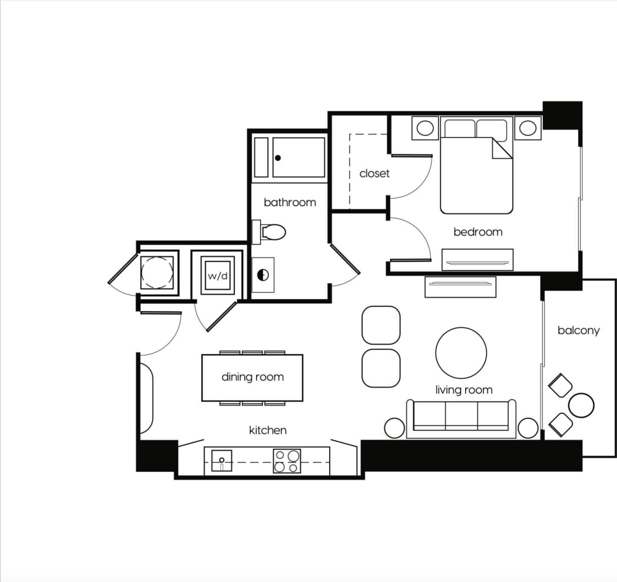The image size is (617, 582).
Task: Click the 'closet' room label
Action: tap(374, 174)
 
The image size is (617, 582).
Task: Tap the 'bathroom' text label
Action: tap(290, 202)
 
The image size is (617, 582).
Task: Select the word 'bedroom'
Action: tap(477, 232)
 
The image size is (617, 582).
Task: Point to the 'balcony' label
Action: tap(578, 330)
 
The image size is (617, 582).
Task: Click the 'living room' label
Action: tap(464, 389)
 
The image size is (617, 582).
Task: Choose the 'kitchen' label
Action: tap(268, 430)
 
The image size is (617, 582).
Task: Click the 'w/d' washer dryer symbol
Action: tap(217, 276)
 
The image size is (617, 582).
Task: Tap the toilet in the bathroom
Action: tap(271, 232)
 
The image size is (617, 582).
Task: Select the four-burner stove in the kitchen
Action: tap(287, 461)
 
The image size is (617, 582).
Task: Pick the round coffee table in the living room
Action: tap(461, 353)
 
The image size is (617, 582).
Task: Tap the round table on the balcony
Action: tap(582, 405)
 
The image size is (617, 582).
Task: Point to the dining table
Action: tap(252, 378)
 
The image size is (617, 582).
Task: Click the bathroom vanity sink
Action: tap(263, 275)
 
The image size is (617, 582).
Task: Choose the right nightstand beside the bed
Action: tap(528, 128)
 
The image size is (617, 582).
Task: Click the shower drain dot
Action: tap(278, 158)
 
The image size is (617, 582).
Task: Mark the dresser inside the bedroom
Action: tap(477, 260)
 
